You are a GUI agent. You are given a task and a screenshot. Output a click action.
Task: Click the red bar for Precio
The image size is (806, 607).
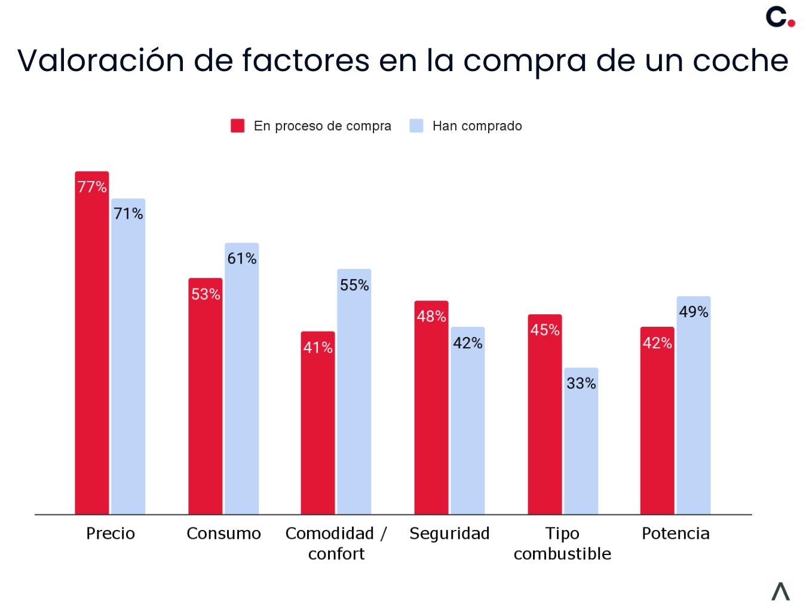point(92,352)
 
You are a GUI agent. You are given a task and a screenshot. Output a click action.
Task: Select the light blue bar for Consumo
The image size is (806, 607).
point(241,388)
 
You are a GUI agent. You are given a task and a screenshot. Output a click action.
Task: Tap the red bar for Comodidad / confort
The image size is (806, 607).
point(318,430)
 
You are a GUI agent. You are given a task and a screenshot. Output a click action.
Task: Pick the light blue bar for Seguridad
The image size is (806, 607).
point(467,430)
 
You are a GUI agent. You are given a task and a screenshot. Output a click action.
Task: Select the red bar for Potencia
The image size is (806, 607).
point(657,430)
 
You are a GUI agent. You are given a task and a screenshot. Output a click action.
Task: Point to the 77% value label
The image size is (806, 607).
point(92,187)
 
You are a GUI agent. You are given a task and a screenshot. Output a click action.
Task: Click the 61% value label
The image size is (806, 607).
point(241,259)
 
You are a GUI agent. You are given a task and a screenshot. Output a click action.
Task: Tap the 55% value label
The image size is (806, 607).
point(354,286)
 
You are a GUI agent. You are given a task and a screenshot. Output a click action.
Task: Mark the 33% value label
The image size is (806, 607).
point(581,384)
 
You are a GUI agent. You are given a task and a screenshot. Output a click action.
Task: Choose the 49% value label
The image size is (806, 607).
point(693,312)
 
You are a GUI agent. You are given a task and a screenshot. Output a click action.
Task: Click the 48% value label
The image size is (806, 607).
point(431,316)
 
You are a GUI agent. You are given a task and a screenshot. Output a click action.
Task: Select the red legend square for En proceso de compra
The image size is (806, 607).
point(237,125)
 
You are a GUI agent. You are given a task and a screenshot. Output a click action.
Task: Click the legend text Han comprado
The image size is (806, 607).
point(477,126)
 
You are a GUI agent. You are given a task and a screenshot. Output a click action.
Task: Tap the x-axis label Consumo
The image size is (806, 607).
point(223,534)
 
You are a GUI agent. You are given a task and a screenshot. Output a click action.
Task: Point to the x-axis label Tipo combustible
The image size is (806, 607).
point(562,544)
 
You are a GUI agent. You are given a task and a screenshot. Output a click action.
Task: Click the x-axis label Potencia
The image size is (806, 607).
point(675,534)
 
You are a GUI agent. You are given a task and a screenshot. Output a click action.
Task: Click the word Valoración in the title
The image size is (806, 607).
point(101,61)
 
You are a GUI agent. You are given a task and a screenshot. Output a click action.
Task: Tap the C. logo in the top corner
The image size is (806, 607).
point(780,17)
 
